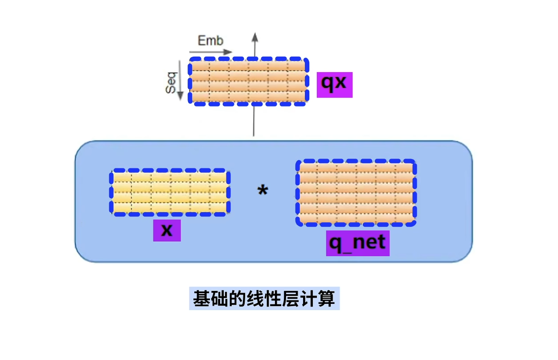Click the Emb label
pyautogui.click(x=210, y=41)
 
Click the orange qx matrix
pyautogui.click(x=248, y=82)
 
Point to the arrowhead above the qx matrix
pyautogui.click(x=254, y=37)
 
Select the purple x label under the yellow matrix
pyautogui.click(x=167, y=230)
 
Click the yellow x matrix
pyautogui.click(x=170, y=192)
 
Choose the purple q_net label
pyautogui.click(x=357, y=243)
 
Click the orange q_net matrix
pyautogui.click(x=356, y=193)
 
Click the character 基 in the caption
pyautogui.click(x=201, y=299)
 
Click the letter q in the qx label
pyautogui.click(x=328, y=84)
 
